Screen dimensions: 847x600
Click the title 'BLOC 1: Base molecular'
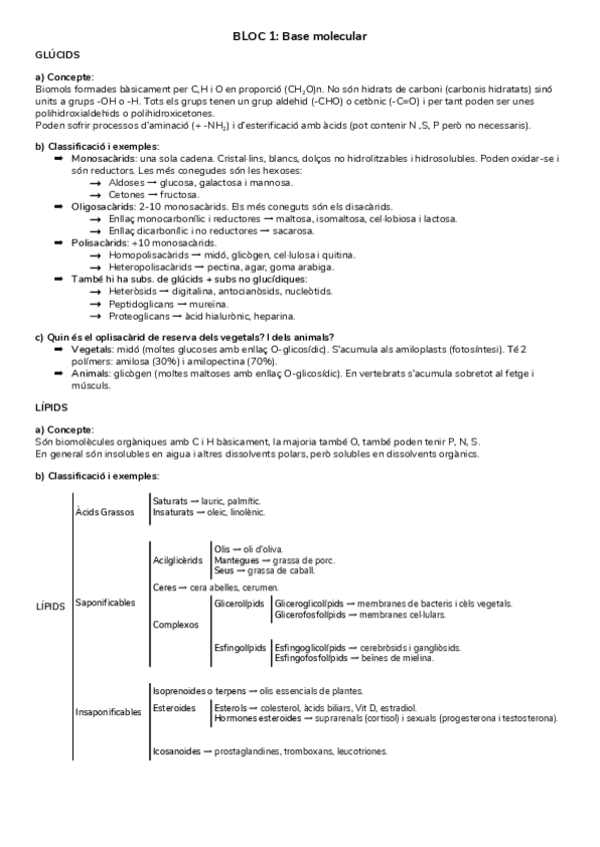click(300, 36)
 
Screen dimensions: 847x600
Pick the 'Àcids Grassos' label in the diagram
click(104, 512)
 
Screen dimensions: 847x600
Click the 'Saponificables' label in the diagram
click(105, 603)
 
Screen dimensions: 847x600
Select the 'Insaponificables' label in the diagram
click(109, 711)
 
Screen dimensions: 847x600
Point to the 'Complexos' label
click(173, 624)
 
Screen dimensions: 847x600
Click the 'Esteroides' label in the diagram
click(175, 707)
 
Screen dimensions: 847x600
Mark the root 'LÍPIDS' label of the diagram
click(50, 606)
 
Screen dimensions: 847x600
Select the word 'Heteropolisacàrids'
click(149, 266)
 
